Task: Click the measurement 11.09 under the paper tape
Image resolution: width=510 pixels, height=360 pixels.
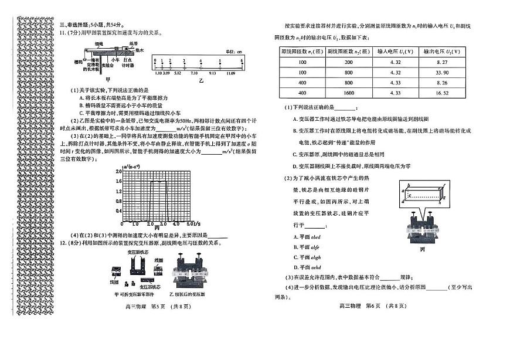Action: (x=230, y=73)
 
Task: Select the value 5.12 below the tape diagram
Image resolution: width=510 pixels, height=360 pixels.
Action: (x=178, y=73)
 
